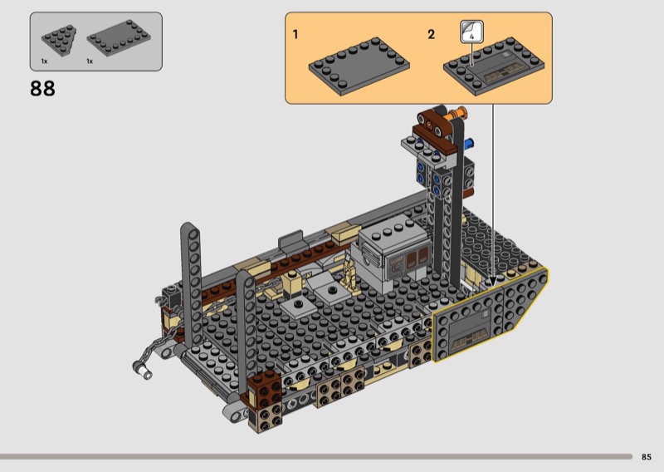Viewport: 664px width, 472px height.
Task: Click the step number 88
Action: click(x=42, y=89)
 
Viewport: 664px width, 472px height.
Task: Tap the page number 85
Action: click(x=646, y=457)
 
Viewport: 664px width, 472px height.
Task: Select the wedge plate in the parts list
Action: click(x=59, y=40)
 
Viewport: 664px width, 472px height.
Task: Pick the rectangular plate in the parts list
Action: click(x=119, y=37)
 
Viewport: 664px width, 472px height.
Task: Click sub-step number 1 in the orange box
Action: click(x=295, y=34)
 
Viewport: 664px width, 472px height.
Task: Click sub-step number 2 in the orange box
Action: click(x=431, y=34)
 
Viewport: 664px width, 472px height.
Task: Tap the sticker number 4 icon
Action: click(x=471, y=32)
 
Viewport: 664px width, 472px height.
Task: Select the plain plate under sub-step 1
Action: click(x=359, y=66)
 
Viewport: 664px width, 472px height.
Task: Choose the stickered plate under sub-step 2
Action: click(x=494, y=66)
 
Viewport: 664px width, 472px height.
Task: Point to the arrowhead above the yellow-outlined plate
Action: click(x=492, y=280)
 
